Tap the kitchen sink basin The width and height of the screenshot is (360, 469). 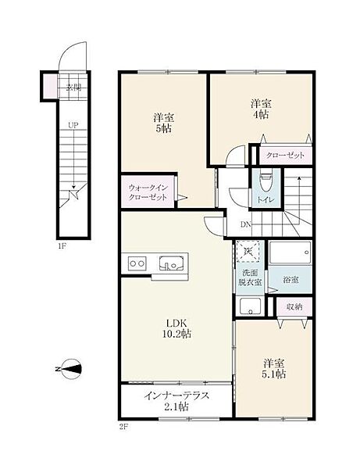(x=171, y=263)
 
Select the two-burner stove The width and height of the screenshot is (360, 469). (x=137, y=263)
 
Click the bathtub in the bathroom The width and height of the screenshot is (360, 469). (x=290, y=252)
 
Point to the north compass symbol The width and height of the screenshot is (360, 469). (x=70, y=369)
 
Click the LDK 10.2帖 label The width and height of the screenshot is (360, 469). (x=176, y=328)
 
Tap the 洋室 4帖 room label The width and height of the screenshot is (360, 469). (x=261, y=109)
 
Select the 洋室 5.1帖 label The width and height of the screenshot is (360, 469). (x=273, y=368)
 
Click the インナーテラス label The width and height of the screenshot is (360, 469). (x=176, y=396)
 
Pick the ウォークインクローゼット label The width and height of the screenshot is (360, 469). (x=148, y=192)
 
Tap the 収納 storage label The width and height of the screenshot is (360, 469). (x=294, y=306)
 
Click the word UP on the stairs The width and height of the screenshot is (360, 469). (x=73, y=125)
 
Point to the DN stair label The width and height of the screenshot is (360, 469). (x=245, y=224)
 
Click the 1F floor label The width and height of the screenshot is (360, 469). (x=62, y=246)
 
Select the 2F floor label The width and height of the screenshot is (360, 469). (x=123, y=427)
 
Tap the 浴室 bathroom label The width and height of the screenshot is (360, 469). (x=290, y=280)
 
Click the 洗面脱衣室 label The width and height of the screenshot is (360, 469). (x=250, y=277)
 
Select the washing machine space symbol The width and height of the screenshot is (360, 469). (x=248, y=251)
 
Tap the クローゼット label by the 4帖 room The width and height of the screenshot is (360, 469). (x=285, y=156)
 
